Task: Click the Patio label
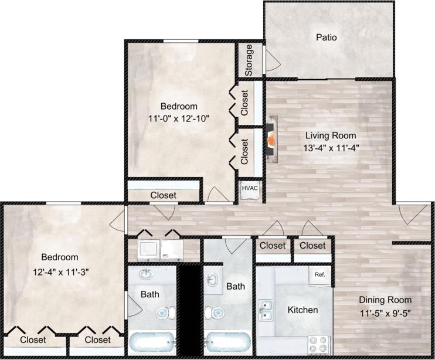pos(327,38)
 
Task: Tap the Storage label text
pos(249,60)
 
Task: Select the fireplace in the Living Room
pos(271,140)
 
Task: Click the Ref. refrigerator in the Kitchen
pos(320,274)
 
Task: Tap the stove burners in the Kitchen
pos(320,341)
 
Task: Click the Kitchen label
pos(303,310)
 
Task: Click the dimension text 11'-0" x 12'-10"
pos(178,118)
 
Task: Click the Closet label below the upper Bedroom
pos(163,195)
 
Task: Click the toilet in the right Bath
pos(217,313)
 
